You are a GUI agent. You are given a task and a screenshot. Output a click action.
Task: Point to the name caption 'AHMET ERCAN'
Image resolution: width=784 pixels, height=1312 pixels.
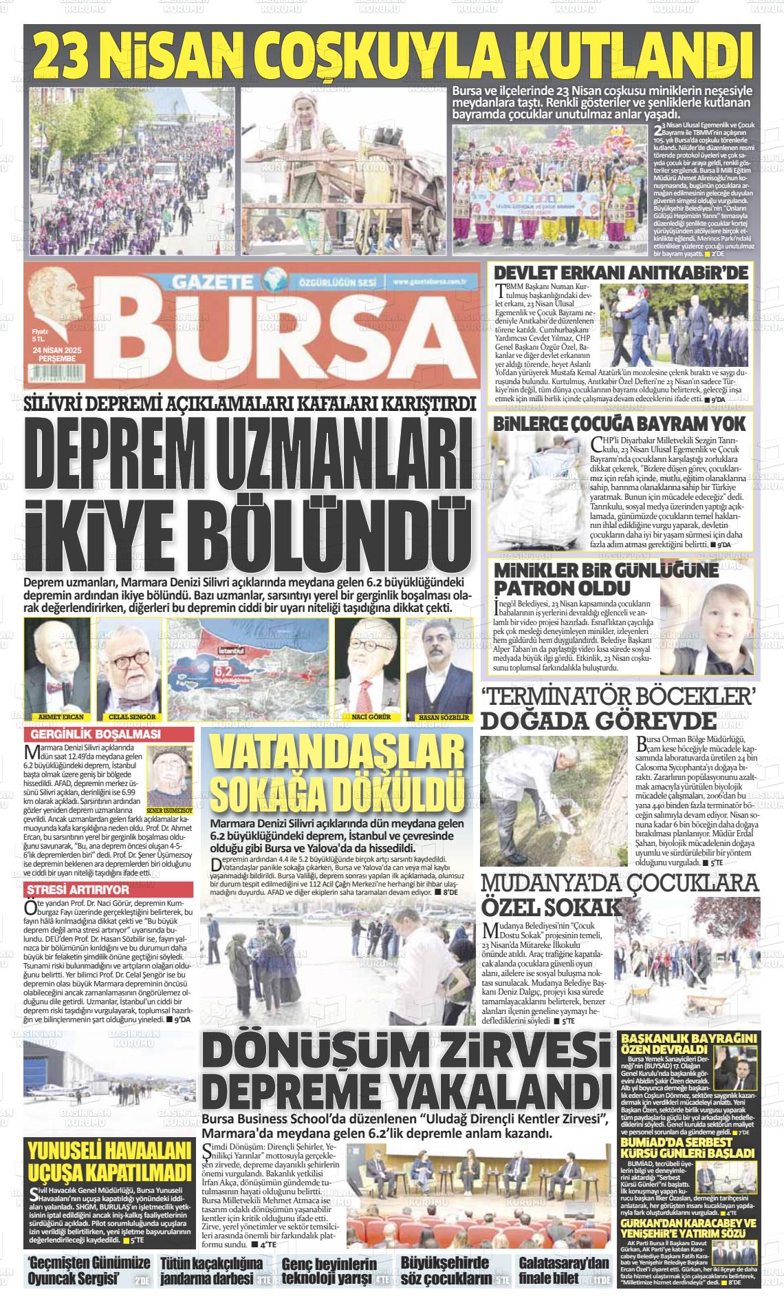[57, 717]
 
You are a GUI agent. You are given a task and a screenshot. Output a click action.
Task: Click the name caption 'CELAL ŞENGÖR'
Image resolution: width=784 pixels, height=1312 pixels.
[129, 717]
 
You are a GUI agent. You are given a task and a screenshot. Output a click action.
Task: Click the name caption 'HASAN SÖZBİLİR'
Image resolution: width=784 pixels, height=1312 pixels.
[439, 717]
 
